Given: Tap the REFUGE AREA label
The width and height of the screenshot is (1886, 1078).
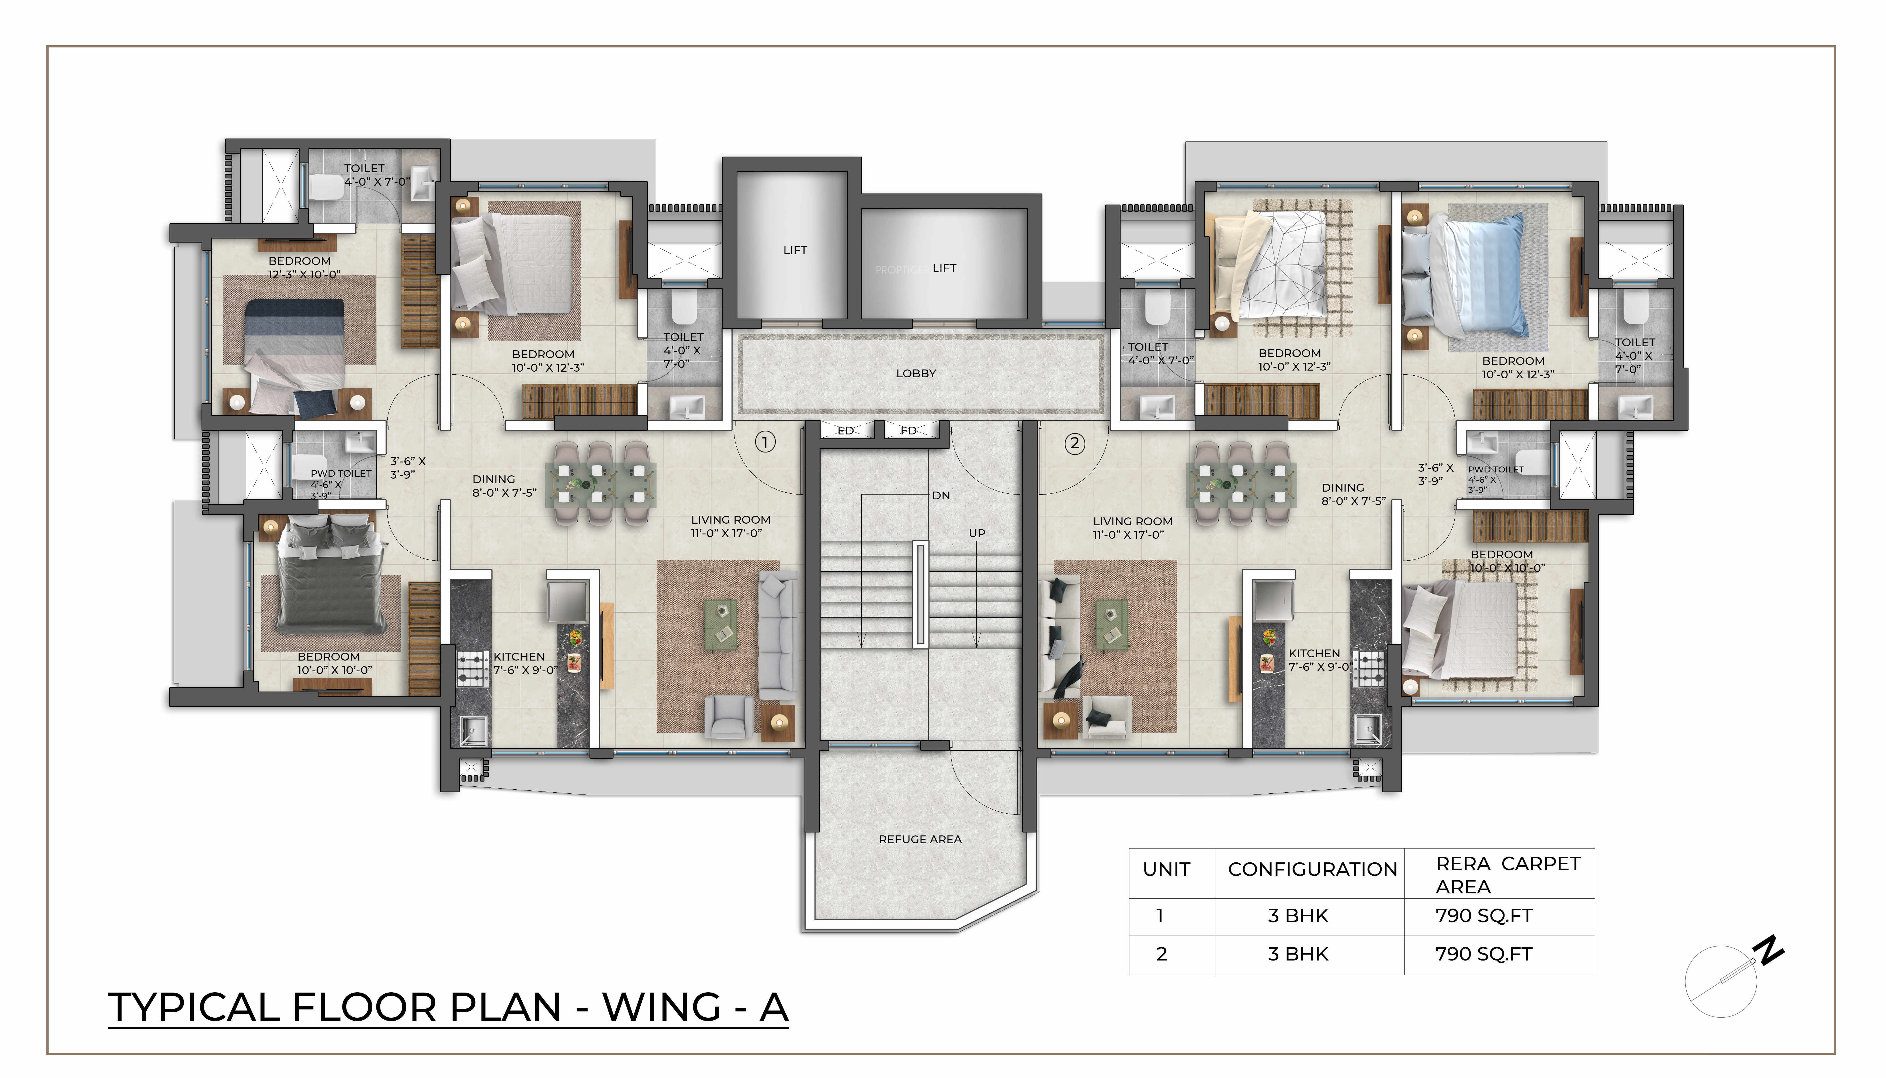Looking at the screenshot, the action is tap(920, 839).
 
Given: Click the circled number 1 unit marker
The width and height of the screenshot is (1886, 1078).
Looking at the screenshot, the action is tap(765, 443).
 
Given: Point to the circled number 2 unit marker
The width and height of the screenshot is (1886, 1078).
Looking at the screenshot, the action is tap(1074, 444).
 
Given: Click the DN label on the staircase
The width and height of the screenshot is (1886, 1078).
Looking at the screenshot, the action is tap(941, 495).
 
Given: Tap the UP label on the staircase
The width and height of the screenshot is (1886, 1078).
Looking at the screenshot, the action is tap(977, 533).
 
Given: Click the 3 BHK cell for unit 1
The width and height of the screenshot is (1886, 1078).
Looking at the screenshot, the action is tap(1298, 916).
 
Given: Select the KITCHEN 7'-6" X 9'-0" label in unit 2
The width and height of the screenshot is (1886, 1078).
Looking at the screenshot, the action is tap(1320, 660).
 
